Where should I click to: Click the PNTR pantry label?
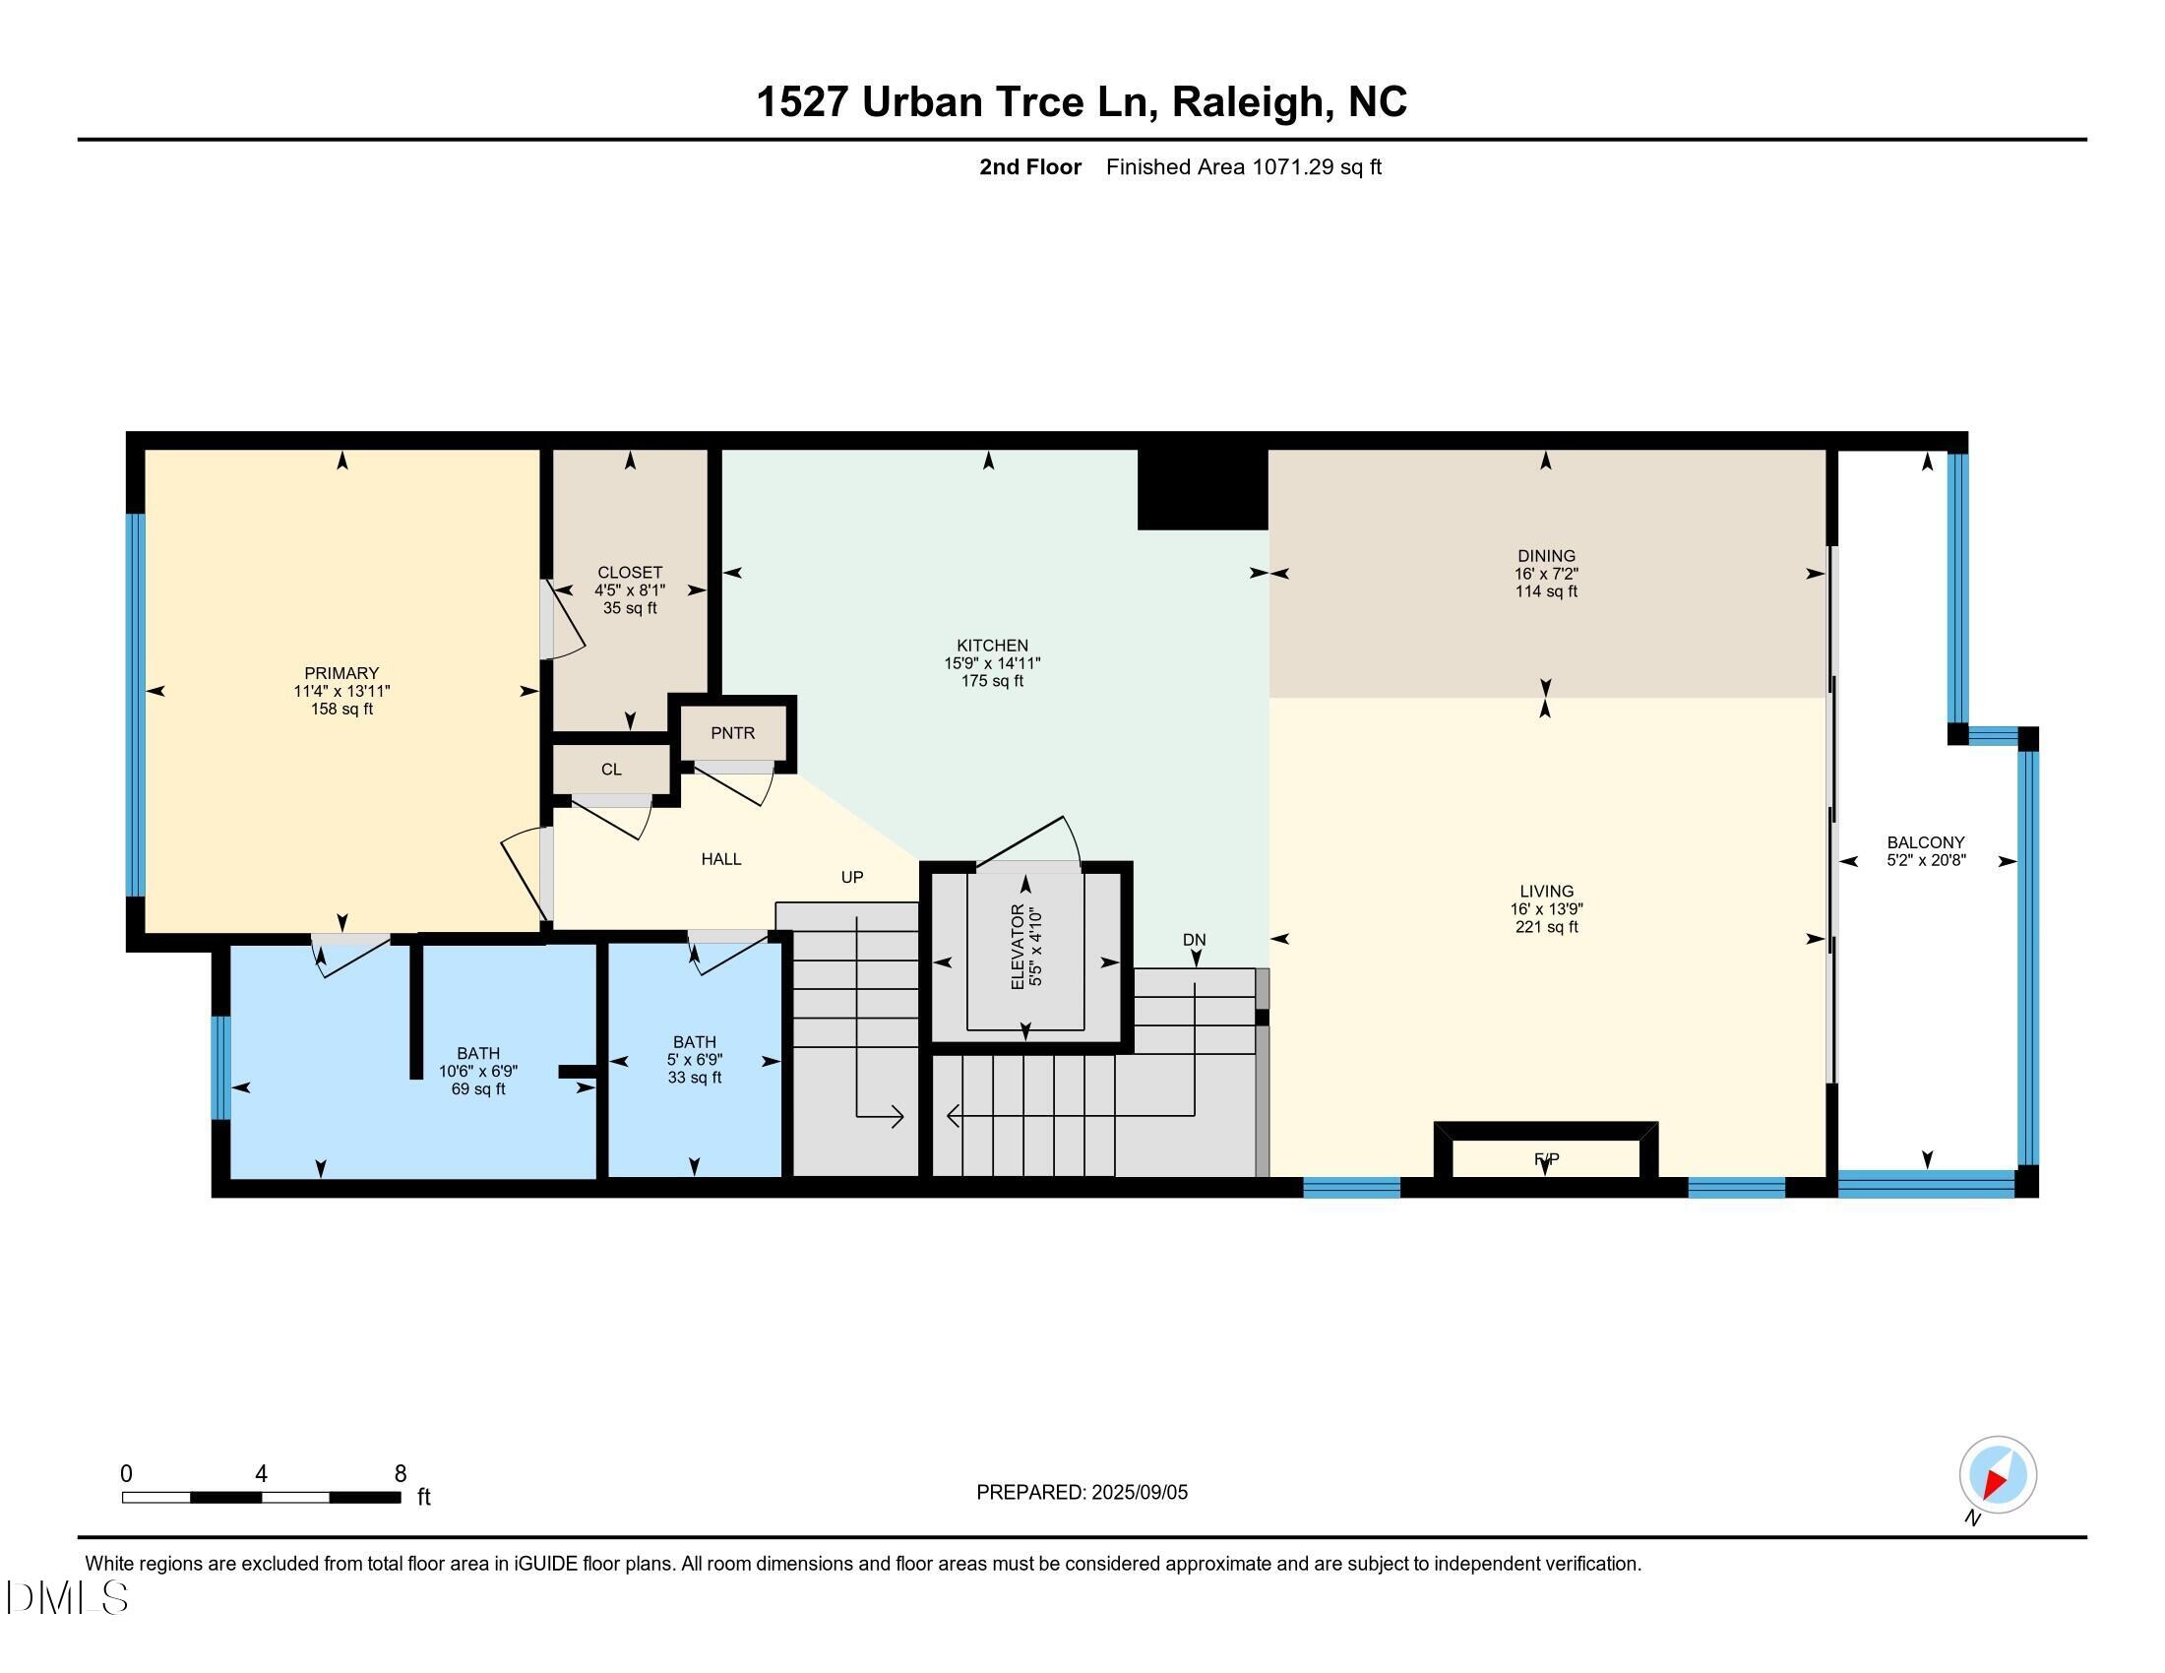(x=732, y=733)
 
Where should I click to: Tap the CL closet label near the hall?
(x=611, y=770)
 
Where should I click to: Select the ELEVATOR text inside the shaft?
(x=1019, y=947)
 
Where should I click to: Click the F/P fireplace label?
(x=1545, y=1158)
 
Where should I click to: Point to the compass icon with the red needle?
(x=1998, y=1475)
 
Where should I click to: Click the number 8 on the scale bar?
(x=401, y=1474)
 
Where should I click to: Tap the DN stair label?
(x=1194, y=940)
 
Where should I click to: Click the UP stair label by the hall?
(x=851, y=877)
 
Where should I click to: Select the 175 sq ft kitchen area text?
(x=992, y=682)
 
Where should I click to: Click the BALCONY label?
(x=1925, y=842)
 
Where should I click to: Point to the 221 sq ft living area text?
(x=1545, y=928)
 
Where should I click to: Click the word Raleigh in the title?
(x=1248, y=102)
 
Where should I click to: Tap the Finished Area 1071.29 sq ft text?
(x=1243, y=167)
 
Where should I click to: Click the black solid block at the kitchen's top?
(x=1202, y=489)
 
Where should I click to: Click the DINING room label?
(x=1545, y=556)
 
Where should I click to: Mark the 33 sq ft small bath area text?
(x=694, y=1079)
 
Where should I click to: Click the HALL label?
(x=720, y=859)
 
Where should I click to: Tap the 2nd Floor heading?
(x=1030, y=167)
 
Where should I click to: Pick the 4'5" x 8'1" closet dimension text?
(x=630, y=590)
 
